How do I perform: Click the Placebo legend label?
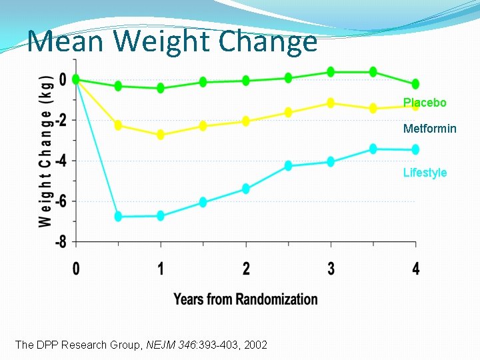tap(425, 103)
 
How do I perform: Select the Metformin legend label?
tap(429, 129)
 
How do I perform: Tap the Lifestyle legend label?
tap(425, 173)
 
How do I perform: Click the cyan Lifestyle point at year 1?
tap(161, 216)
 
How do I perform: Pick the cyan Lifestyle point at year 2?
tap(246, 189)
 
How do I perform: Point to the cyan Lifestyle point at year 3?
tap(331, 161)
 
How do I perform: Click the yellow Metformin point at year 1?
tap(161, 135)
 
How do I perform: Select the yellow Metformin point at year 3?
tap(331, 103)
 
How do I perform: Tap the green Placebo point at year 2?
tap(246, 81)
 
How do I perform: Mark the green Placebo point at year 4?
tap(415, 84)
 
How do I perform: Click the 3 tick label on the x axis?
tap(331, 269)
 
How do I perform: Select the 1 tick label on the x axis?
tap(161, 269)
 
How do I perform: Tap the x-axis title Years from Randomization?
tap(245, 299)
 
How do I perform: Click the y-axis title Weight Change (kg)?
tap(45, 149)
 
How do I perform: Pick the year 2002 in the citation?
tap(255, 345)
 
